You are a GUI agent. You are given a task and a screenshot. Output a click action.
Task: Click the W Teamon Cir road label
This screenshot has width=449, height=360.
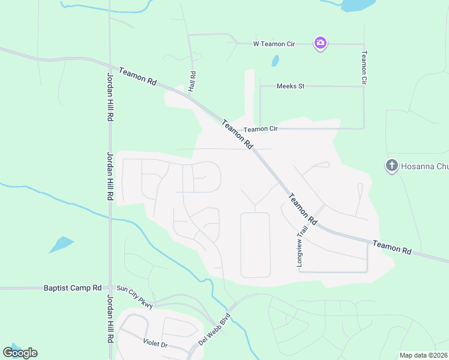coord(274,43)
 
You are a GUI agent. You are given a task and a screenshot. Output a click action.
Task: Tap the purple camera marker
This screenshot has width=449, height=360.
coord(321,43)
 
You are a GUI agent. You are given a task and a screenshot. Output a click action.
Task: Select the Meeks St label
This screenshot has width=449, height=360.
coord(291,86)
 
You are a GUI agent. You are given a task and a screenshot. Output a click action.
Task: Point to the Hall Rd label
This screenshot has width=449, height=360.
coord(193,82)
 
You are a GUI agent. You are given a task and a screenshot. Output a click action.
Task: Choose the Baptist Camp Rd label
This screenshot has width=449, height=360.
coord(73,288)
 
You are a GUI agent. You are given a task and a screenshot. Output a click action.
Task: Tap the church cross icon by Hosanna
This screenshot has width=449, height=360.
coord(392,165)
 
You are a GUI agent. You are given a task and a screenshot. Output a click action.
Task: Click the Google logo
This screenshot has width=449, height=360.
coord(20,353)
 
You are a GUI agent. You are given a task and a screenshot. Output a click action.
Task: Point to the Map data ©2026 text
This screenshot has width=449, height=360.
coord(423,355)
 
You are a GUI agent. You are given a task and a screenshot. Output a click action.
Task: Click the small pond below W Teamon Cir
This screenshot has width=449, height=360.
coord(275,61)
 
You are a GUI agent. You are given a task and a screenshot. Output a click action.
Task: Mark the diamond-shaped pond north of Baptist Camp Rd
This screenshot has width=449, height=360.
coord(61,244)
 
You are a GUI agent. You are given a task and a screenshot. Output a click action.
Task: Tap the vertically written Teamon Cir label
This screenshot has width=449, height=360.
coord(364,67)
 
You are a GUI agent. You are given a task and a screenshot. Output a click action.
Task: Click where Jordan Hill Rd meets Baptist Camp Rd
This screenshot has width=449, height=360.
coord(110,288)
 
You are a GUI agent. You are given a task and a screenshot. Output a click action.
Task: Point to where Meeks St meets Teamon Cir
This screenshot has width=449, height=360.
coord(364,86)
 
